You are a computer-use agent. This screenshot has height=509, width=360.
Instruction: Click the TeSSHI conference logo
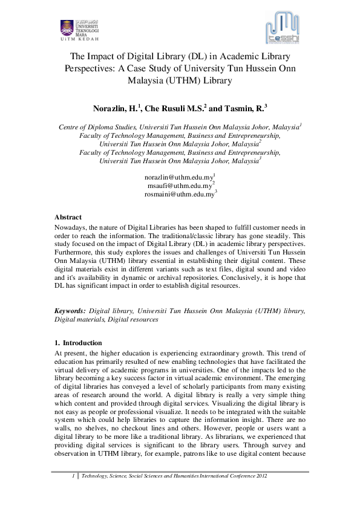pyautogui.click(x=283, y=29)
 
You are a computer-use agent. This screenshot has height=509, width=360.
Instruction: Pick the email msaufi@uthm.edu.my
pyautogui.click(x=179, y=186)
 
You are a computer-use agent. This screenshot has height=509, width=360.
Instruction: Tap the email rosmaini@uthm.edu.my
pyautogui.click(x=179, y=195)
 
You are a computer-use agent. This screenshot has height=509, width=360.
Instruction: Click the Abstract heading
pyautogui.click(x=68, y=217)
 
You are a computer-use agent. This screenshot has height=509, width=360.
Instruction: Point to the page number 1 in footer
pyautogui.click(x=73, y=476)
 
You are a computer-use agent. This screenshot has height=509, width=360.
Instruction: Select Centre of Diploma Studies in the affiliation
pyautogui.click(x=97, y=128)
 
